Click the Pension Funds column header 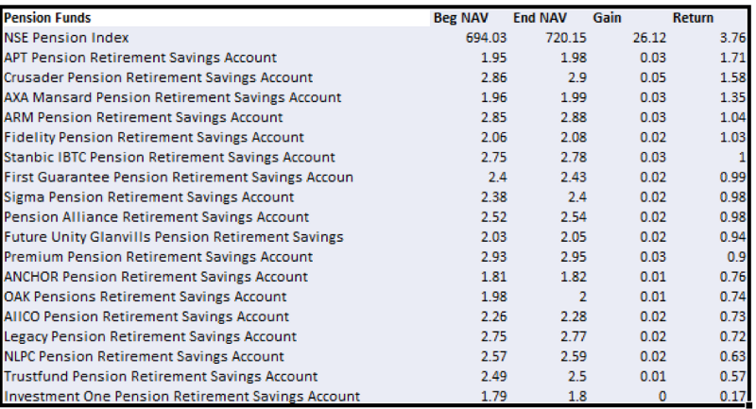pos(47,18)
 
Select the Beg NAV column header pos(461,18)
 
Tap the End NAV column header pos(540,18)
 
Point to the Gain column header pos(607,18)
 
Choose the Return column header pos(693,18)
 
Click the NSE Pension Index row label pos(66,38)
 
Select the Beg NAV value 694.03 pos(486,38)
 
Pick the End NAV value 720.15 pos(566,38)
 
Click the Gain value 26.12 pos(649,38)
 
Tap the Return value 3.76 pos(733,38)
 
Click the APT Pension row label pos(140,58)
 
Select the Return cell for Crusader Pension pos(733,77)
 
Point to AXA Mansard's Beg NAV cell pos(493,97)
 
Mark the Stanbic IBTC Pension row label pos(169,157)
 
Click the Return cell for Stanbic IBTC pos(743,157)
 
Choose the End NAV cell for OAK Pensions pos(582,297)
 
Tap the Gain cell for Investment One pos(662,397)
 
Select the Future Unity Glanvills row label pos(174,237)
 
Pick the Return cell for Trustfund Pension pos(733,376)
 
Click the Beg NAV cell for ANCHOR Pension pos(493,277)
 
